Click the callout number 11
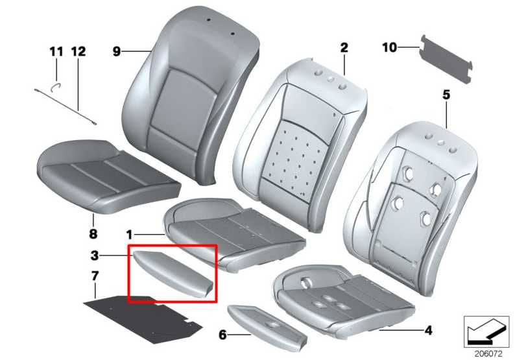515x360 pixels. tap(56, 52)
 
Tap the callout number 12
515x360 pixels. tap(78, 52)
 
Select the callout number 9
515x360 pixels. tap(117, 52)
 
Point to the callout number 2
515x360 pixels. tap(344, 48)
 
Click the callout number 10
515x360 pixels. tap(390, 47)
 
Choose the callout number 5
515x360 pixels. tap(446, 95)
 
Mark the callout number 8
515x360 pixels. tap(93, 234)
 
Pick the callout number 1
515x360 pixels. tap(130, 235)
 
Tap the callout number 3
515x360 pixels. tap(95, 255)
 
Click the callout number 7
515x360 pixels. tap(95, 276)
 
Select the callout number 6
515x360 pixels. tap(222, 335)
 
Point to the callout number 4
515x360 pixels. tap(428, 330)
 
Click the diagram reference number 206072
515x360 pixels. tap(488, 354)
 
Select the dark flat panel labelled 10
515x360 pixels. tap(446, 59)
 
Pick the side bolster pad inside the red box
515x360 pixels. tap(173, 273)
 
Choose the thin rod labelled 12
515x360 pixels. tap(66, 107)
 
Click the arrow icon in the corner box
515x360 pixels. tap(486, 330)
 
